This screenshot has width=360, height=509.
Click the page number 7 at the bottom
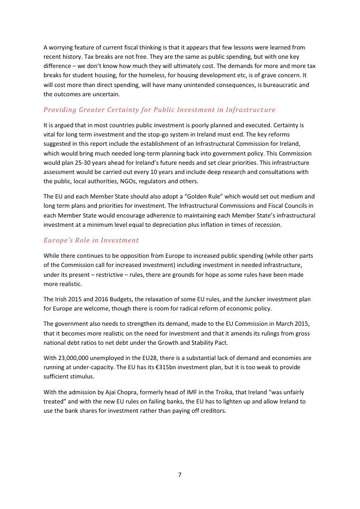tap(179, 475)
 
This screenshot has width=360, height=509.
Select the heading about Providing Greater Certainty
tap(159, 110)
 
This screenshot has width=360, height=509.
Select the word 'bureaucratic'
tap(275, 85)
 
